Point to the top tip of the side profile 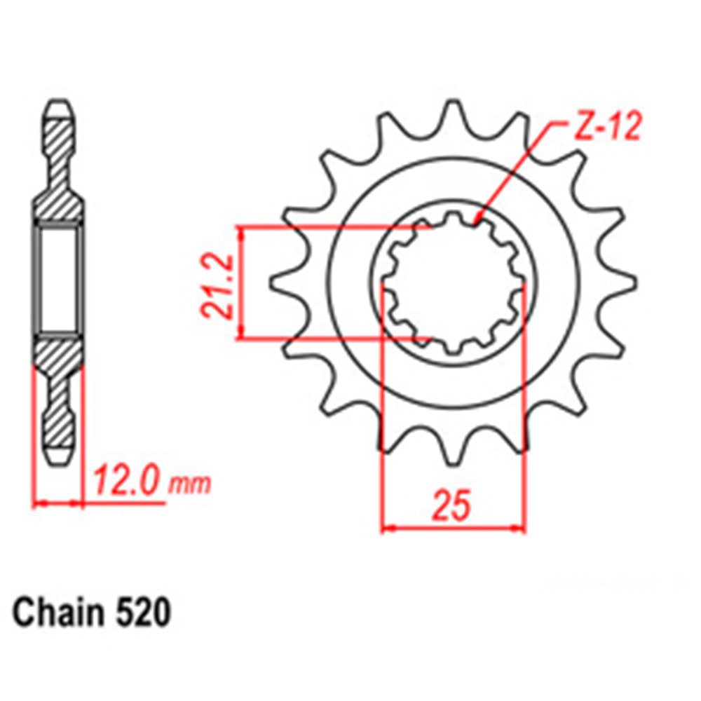59,107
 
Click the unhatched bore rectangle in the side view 59,278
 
